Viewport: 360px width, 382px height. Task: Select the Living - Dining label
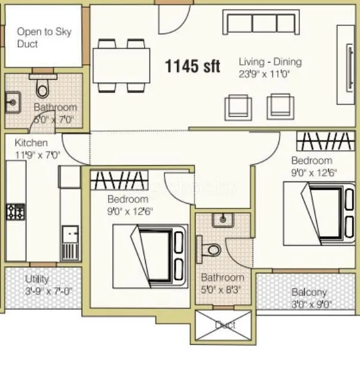pos(270,62)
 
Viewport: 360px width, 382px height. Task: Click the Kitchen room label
pos(31,143)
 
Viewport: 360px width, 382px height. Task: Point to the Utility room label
pos(37,279)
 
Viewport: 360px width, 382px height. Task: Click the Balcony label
pos(309,292)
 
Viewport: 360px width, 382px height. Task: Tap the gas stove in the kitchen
pos(16,211)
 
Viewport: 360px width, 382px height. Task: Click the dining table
pos(121,65)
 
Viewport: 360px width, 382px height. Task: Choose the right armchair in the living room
pos(279,106)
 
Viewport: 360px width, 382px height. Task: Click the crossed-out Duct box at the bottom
pos(225,326)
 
